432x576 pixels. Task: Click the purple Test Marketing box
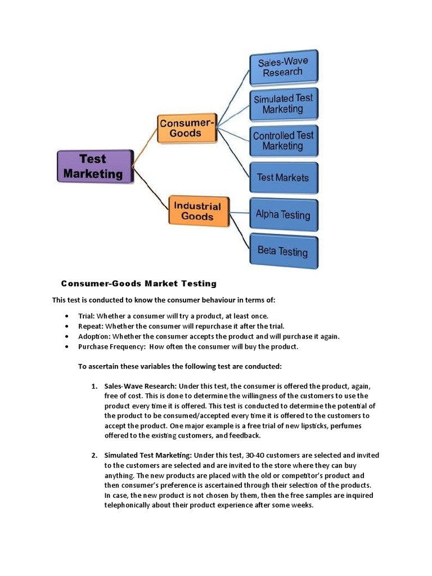click(94, 166)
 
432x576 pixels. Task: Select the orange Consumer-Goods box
click(186, 128)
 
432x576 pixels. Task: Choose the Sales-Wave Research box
click(283, 66)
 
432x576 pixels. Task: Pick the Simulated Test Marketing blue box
click(283, 103)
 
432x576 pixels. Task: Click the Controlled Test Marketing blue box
click(283, 141)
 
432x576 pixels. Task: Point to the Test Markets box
click(283, 178)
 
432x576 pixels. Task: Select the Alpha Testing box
click(283, 214)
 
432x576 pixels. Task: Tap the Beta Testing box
click(283, 251)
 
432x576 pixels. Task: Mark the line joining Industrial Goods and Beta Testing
click(240, 232)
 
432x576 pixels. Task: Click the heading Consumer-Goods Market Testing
click(138, 283)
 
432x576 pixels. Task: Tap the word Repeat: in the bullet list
click(91, 326)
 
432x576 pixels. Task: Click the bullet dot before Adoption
click(67, 336)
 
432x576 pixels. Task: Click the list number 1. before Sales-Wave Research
click(94, 386)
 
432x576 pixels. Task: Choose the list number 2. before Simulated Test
click(94, 455)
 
